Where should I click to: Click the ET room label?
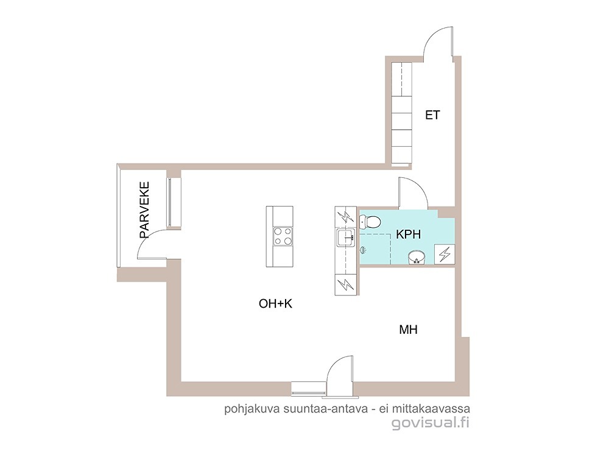click(x=432, y=115)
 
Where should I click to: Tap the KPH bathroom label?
click(x=408, y=235)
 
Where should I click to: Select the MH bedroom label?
click(x=408, y=330)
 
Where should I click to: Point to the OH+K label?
click(x=275, y=303)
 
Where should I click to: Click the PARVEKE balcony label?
click(x=144, y=210)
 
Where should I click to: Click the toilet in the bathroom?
click(x=370, y=222)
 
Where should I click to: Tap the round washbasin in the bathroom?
click(x=417, y=257)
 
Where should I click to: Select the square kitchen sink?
click(x=346, y=238)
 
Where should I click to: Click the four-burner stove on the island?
click(x=283, y=236)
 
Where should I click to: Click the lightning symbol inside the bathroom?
click(x=445, y=254)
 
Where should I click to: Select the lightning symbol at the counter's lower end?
click(x=345, y=285)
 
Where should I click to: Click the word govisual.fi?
click(x=431, y=422)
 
